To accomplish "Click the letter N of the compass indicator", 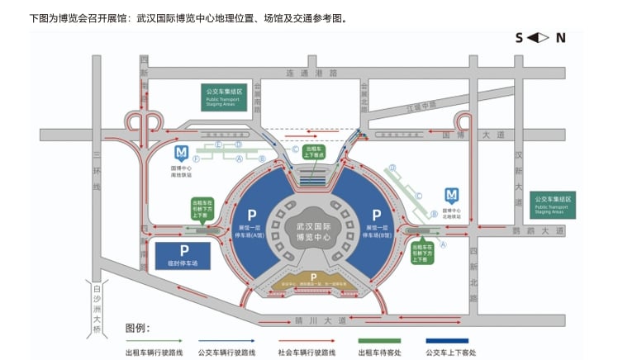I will pos(560,37).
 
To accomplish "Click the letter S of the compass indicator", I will pos(519,37).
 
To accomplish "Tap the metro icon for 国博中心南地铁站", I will pos(181,153).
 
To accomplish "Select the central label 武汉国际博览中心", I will pos(312,230).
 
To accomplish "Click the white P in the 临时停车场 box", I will pos(185,250).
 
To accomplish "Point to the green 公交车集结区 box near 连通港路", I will pos(225,96).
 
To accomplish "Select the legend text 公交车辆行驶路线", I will pos(225,352).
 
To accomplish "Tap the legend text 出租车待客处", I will pos(379,352).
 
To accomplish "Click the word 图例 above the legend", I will pos(137,328).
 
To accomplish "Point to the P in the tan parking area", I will pos(313,276).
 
